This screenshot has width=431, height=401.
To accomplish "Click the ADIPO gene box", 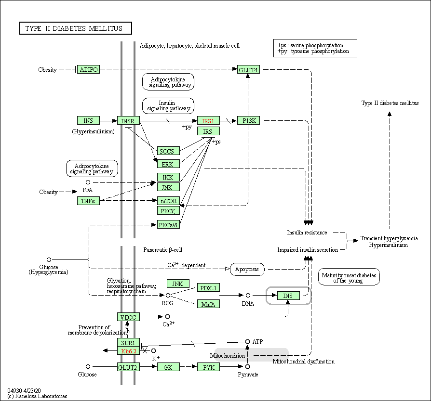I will tap(88, 70).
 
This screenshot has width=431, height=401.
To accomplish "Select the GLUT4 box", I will tap(248, 70).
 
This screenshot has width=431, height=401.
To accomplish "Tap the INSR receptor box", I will tap(128, 120).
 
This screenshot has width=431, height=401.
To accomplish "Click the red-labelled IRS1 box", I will tap(208, 120).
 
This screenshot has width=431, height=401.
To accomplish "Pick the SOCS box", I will tap(168, 151).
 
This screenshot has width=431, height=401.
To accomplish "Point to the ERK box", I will tap(168, 164).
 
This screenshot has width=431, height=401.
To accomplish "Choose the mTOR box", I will tap(168, 201).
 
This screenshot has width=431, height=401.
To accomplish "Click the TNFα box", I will tap(88, 201).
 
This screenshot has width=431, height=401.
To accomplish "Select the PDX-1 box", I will tap(208, 288).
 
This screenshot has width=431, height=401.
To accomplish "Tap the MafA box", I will tap(208, 304).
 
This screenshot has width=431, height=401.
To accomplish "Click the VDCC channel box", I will tap(128, 317).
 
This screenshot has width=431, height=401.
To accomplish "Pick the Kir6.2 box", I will tap(128, 351).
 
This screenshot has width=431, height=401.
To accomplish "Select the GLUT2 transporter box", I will tap(128, 367).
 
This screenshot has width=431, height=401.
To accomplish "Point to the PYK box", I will tap(208, 367).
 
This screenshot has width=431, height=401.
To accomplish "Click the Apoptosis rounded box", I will tap(247, 269).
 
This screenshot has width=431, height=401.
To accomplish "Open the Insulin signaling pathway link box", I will tap(167, 106).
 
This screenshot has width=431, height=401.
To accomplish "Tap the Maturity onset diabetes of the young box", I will tap(349, 277).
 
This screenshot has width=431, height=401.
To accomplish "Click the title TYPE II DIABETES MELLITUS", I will tap(75, 28).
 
